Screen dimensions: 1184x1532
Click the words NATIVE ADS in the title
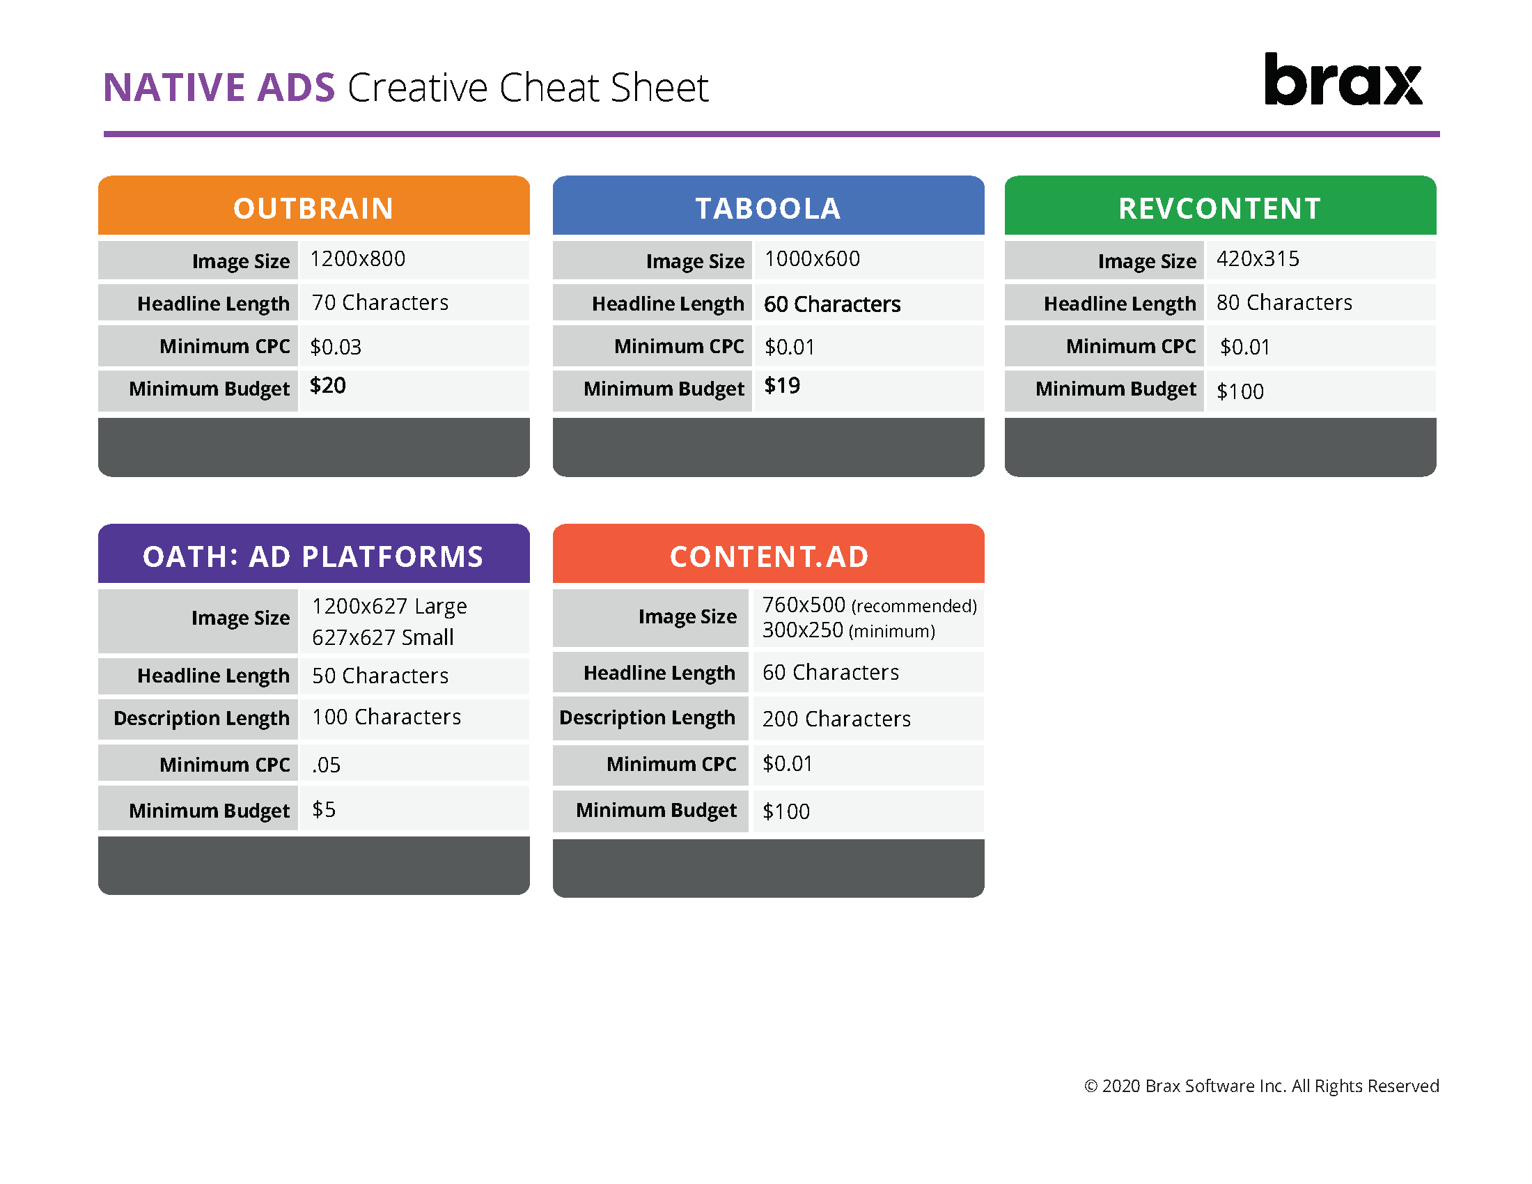click(x=219, y=88)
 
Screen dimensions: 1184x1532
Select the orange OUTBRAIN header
click(x=313, y=208)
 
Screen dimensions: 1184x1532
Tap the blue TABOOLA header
click(x=768, y=208)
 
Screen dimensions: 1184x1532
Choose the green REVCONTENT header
click(x=1220, y=208)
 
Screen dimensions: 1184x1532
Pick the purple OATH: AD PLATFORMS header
click(x=313, y=556)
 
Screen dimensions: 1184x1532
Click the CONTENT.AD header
click(x=769, y=556)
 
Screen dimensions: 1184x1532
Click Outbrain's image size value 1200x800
click(x=358, y=259)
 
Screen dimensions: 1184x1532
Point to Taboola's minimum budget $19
click(x=782, y=386)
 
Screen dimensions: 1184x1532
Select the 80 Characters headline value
click(x=1283, y=302)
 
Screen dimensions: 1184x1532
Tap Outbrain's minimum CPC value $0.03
click(x=336, y=347)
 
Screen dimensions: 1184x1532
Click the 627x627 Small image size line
click(x=382, y=637)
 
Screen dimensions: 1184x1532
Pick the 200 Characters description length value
click(x=836, y=719)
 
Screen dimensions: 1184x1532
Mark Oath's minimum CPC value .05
click(x=326, y=765)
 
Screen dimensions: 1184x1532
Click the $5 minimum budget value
click(x=323, y=809)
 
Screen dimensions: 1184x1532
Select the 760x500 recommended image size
click(x=868, y=605)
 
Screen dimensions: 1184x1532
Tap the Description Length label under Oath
click(x=201, y=717)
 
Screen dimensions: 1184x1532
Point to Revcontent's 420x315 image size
click(x=1257, y=259)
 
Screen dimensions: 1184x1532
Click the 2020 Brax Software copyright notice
click(x=1261, y=1086)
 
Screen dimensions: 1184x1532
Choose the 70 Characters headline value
click(x=380, y=302)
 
